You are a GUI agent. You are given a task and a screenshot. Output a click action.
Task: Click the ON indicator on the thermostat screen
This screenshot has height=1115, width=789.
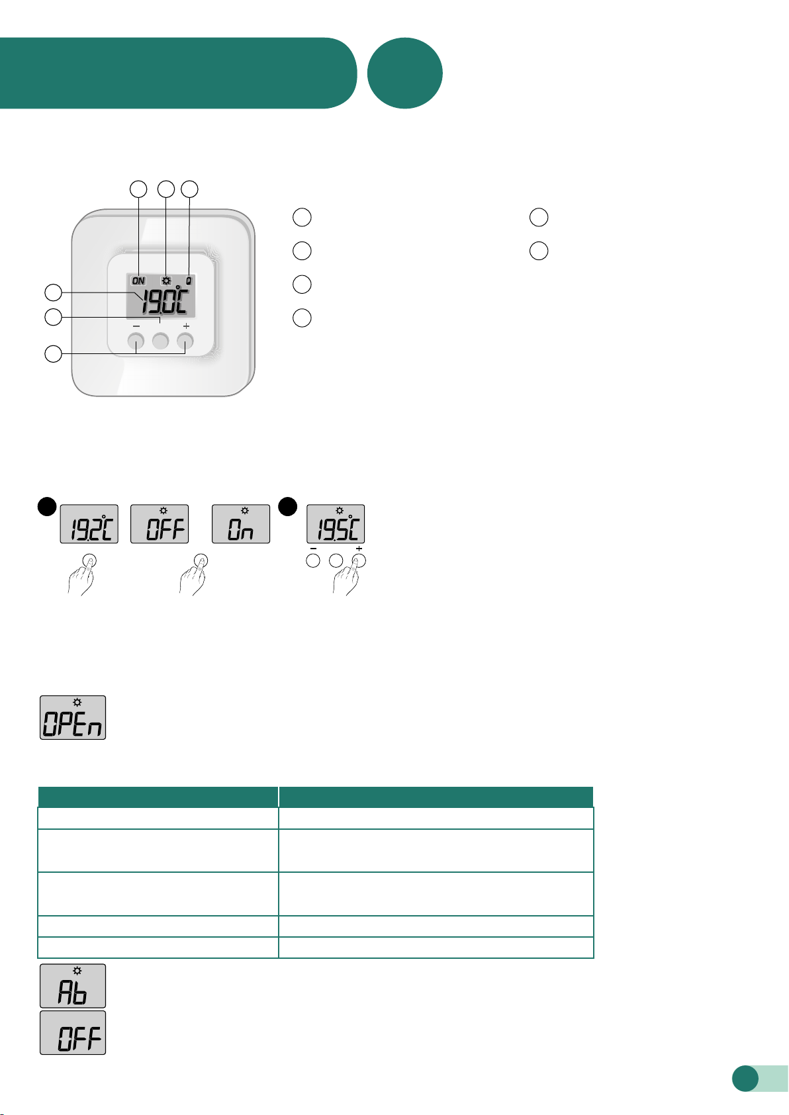[138, 281]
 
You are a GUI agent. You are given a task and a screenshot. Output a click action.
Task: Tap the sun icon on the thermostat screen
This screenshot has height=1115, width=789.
[165, 281]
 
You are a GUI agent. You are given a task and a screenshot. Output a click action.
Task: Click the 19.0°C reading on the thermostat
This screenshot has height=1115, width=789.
[164, 301]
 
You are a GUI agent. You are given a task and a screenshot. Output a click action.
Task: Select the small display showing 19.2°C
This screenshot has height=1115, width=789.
[89, 524]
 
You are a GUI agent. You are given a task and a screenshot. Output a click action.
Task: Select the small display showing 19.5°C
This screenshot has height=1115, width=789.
[336, 524]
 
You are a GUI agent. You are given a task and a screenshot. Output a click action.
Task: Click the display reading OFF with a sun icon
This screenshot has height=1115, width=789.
[160, 524]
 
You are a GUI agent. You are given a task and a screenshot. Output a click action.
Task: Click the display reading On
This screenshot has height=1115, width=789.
[241, 524]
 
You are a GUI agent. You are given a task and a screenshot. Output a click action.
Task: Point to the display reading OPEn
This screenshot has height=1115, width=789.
[73, 717]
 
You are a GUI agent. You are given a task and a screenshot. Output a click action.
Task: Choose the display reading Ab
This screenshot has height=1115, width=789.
[73, 985]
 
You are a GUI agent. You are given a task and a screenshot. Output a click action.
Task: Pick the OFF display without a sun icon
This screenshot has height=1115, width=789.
[73, 1032]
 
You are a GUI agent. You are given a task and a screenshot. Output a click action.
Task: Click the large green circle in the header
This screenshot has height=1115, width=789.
[404, 73]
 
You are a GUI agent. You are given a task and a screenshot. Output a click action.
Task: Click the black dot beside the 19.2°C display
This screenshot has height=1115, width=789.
[47, 507]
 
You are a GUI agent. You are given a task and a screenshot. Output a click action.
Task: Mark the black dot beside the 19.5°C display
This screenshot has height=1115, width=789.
[287, 507]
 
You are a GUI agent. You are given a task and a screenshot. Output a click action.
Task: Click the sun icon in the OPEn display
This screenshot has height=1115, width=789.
[77, 702]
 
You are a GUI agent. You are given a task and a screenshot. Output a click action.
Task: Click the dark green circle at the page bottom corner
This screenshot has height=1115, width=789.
[745, 1078]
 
